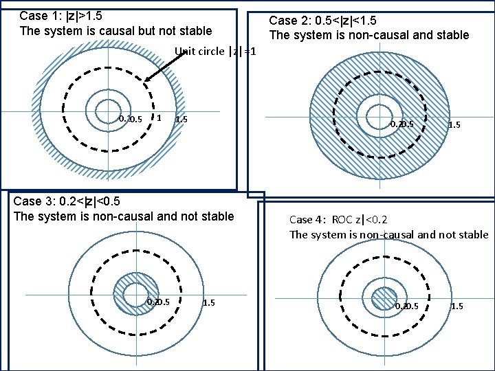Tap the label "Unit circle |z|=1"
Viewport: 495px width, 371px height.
coord(215,52)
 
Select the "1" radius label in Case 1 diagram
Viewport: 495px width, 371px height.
coord(159,117)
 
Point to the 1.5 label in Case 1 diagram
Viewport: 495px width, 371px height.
coord(181,120)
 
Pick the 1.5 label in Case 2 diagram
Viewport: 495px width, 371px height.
coord(454,125)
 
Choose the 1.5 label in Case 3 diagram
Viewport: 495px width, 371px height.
coord(209,302)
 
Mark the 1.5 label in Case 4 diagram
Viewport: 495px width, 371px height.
coord(456,306)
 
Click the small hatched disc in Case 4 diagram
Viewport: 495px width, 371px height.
coord(381,298)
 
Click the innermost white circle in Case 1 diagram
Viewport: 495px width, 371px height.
coord(107,110)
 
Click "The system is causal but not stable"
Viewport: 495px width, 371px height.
coord(115,31)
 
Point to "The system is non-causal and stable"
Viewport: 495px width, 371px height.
coord(368,35)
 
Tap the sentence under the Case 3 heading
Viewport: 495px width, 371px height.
coord(124,216)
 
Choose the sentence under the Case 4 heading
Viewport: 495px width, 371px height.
coord(388,235)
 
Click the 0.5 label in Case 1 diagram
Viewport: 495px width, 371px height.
coord(135,120)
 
